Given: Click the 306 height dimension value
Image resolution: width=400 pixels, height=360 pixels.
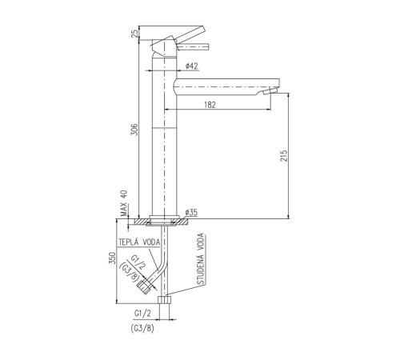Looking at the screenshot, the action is point(135,130).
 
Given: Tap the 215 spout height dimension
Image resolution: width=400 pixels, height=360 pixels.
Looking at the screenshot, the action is point(284,156).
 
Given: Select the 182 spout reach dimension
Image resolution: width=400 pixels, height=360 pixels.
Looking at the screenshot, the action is point(210,105).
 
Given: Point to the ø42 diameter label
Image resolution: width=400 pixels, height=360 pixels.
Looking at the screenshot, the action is point(192,66).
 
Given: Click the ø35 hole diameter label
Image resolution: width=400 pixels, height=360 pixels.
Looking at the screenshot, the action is point(191,213).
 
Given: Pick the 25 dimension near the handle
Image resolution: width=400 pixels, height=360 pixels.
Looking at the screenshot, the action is point(135,33).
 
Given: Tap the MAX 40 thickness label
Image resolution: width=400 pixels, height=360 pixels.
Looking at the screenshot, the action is point(124,203).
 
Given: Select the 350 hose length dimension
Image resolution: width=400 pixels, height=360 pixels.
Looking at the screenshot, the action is point(113,258).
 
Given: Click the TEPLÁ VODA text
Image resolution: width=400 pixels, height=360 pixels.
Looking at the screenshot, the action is point(139,242).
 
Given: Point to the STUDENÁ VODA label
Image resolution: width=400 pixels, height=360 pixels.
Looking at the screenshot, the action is point(201,259).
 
